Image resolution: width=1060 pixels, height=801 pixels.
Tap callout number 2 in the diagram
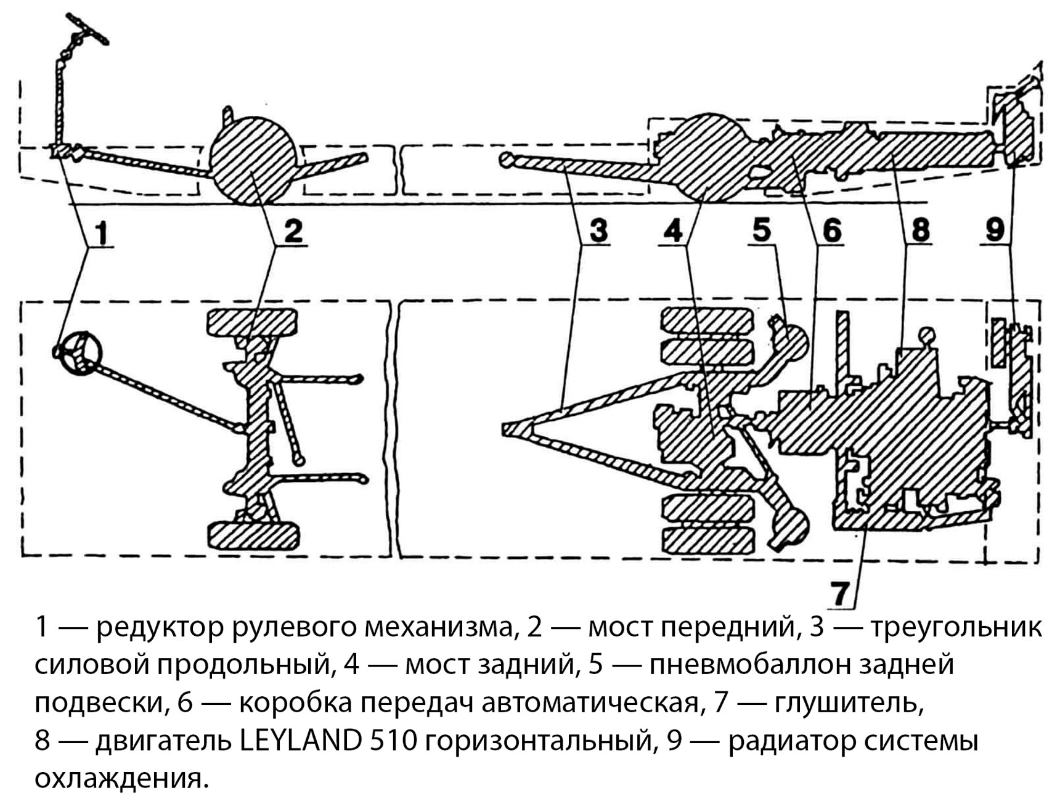click(x=293, y=231)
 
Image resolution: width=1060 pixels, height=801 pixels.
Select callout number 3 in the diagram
click(x=598, y=230)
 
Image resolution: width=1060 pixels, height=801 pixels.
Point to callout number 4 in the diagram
click(x=673, y=230)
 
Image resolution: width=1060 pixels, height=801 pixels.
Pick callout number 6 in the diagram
click(x=831, y=230)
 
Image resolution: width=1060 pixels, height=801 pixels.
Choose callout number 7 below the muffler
click(x=841, y=593)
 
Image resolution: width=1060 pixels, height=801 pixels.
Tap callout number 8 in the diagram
click(x=919, y=230)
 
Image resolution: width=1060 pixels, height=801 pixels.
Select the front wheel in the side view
click(x=253, y=160)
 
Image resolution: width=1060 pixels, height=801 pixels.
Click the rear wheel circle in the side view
click(x=709, y=157)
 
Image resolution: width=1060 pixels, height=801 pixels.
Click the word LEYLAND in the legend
click(x=300, y=741)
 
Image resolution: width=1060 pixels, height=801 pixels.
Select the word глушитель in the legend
click(x=849, y=702)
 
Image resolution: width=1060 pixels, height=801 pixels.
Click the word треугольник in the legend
click(x=956, y=627)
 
